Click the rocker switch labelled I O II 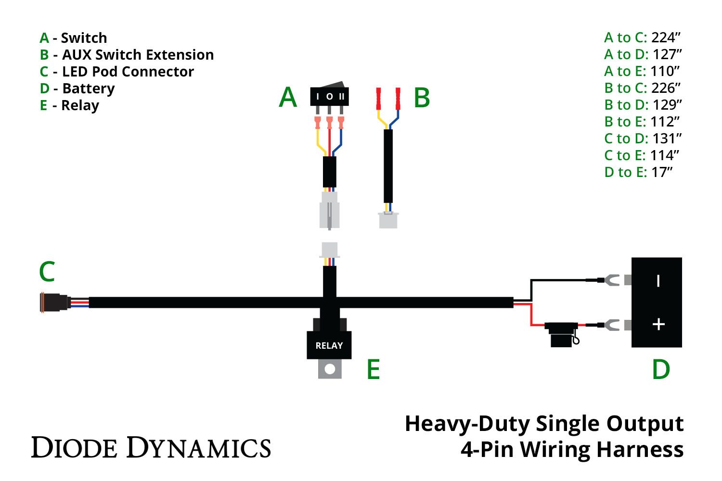(x=329, y=97)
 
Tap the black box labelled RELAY (x=329, y=345)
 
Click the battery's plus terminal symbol (x=658, y=324)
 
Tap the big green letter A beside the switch (x=288, y=97)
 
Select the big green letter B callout (x=422, y=97)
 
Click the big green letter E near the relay (x=373, y=369)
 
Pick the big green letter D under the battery (x=660, y=369)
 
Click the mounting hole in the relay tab (x=330, y=369)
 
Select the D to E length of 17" (x=662, y=172)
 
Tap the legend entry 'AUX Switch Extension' (x=138, y=55)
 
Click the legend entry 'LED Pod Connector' (x=128, y=72)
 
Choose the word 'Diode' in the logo (x=74, y=448)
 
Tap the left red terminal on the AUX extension (x=378, y=99)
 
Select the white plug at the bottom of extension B (x=388, y=220)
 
